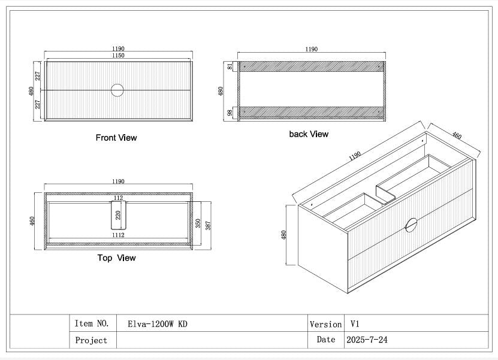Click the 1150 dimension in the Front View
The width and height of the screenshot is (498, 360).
[x=118, y=55]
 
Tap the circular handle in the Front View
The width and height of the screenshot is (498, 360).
[x=117, y=90]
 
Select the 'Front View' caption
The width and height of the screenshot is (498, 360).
[x=116, y=138]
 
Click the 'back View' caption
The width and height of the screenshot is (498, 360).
[x=309, y=134]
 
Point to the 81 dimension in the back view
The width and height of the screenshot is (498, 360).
[x=230, y=66]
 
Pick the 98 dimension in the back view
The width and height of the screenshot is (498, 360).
[x=230, y=113]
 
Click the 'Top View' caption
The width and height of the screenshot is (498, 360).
[x=117, y=258]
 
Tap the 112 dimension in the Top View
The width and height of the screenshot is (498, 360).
[x=118, y=198]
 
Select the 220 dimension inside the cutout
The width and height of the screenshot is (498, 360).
[x=118, y=215]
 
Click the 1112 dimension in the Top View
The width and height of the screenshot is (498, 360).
[x=118, y=235]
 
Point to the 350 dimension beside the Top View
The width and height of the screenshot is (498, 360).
[x=198, y=223]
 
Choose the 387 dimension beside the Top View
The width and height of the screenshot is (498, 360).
[x=208, y=225]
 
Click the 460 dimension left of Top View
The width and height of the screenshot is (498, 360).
[x=32, y=221]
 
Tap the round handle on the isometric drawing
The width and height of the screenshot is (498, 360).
[x=411, y=225]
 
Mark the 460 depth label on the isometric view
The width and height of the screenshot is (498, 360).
[x=457, y=135]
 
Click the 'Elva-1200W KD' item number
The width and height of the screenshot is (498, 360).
[x=158, y=324]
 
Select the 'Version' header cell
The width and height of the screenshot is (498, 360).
[x=325, y=324]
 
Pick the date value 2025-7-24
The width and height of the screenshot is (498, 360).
[x=367, y=340]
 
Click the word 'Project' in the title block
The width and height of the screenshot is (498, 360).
[x=91, y=340]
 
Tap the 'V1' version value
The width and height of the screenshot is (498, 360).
[x=355, y=324]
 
